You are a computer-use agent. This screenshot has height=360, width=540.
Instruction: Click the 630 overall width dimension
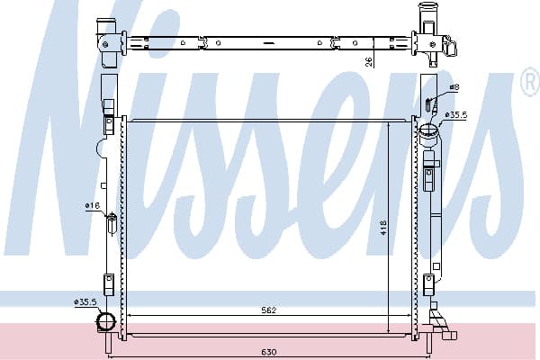pyautogui.click(x=268, y=352)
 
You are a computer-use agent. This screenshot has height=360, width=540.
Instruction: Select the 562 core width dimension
pyautogui.click(x=268, y=310)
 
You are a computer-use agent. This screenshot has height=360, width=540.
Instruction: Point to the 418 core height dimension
pyautogui.click(x=384, y=228)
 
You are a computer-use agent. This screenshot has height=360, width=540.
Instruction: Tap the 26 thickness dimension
pyautogui.click(x=369, y=62)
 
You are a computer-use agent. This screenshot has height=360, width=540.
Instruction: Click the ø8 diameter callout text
pyautogui.click(x=454, y=86)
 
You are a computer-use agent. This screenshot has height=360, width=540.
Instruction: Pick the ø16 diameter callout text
pyautogui.click(x=93, y=206)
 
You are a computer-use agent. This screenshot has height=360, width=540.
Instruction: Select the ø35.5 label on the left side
pyautogui.click(x=85, y=302)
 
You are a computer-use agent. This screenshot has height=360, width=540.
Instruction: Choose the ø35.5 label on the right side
pyautogui.click(x=456, y=114)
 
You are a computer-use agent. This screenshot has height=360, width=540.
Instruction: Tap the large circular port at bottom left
pyautogui.click(x=106, y=322)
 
